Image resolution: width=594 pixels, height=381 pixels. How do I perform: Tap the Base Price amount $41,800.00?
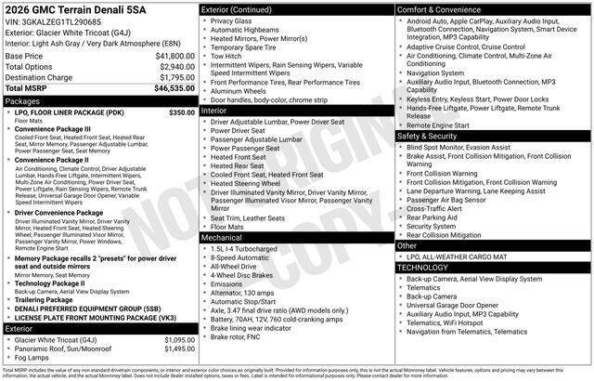click(174, 56)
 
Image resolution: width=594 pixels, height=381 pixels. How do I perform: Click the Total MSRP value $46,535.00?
click(174, 88)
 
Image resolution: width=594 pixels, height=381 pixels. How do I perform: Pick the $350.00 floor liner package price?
click(182, 112)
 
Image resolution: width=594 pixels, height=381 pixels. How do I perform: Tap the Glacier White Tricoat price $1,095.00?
click(179, 340)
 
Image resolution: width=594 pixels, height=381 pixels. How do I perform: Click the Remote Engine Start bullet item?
click(438, 125)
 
